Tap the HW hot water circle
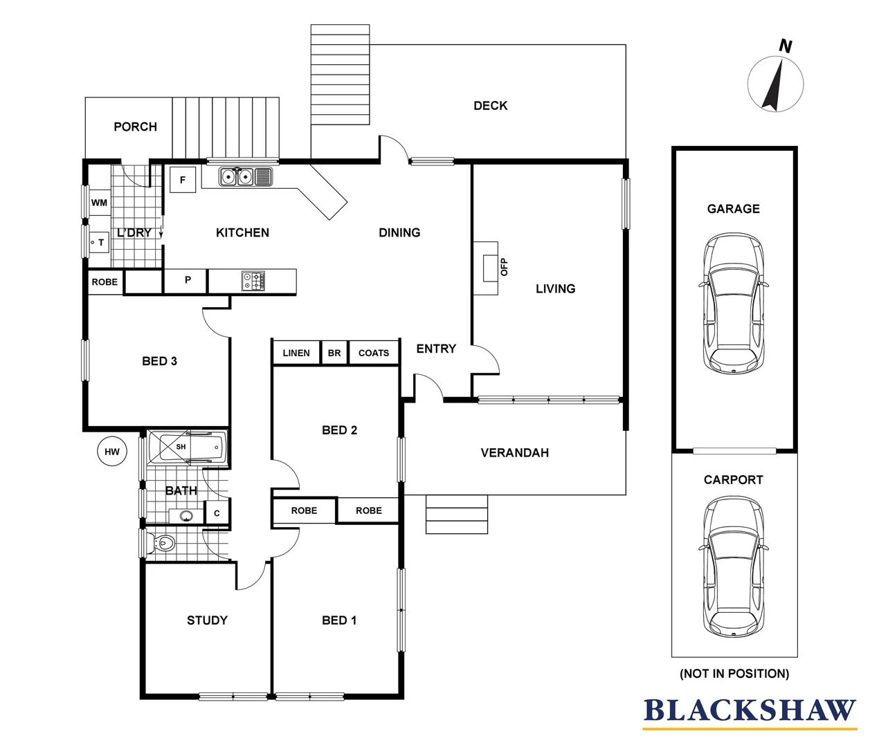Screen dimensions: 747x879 (x=112, y=452)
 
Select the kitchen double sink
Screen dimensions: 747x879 (x=236, y=177)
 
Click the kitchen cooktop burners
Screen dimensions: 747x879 (x=253, y=281)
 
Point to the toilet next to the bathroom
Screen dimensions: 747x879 (x=162, y=544)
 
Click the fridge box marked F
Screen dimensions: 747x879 (x=183, y=180)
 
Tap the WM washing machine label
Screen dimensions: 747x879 (x=99, y=203)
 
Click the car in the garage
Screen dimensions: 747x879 (x=734, y=304)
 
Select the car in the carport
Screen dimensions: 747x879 (x=734, y=566)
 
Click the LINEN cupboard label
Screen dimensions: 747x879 (x=296, y=353)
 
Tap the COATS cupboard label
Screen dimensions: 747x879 (x=374, y=353)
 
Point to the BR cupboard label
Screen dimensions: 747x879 (x=334, y=353)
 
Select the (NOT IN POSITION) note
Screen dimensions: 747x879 (x=734, y=673)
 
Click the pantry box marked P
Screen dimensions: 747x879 (x=187, y=281)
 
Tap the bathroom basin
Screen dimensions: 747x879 (x=185, y=515)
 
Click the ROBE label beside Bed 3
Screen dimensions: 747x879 (x=105, y=282)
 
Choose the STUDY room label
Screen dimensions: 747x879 (x=207, y=620)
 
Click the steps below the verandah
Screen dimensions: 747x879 (x=457, y=515)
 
